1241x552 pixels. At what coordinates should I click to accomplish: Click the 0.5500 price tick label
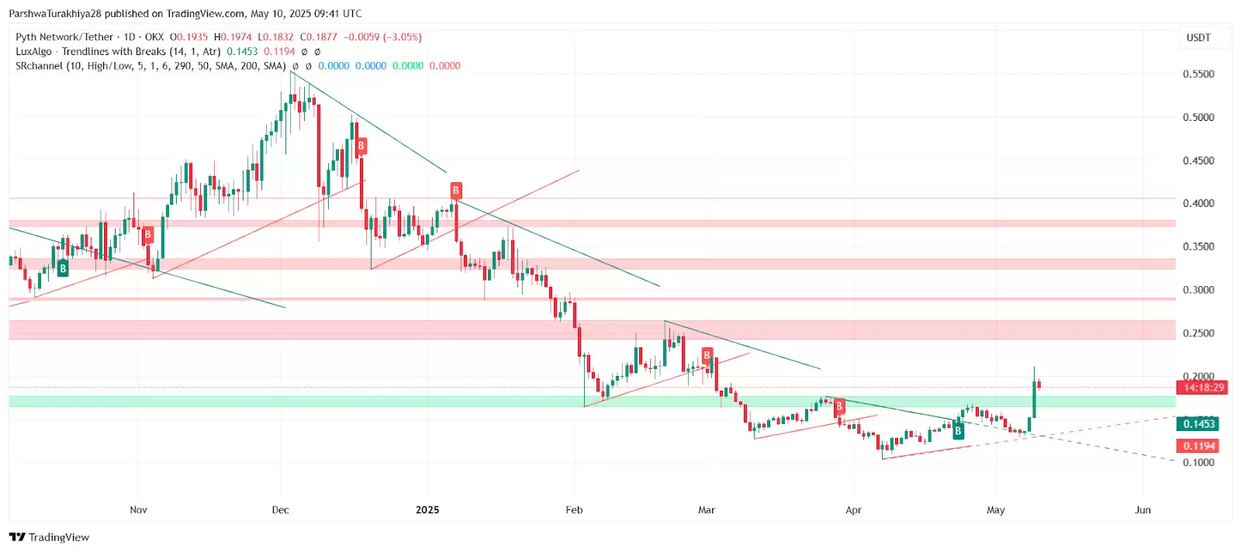click(x=1198, y=74)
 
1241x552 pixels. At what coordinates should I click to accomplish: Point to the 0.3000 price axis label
click(x=1198, y=290)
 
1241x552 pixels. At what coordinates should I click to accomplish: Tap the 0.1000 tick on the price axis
click(x=1198, y=463)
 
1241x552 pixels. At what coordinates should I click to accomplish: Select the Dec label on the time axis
click(x=280, y=510)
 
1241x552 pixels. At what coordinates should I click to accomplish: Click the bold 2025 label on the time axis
click(x=427, y=510)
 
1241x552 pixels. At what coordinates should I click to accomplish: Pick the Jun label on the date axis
click(x=1142, y=510)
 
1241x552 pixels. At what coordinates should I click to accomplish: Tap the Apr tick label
click(x=853, y=510)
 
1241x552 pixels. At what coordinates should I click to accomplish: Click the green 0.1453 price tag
click(x=1198, y=424)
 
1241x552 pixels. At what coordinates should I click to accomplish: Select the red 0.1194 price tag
click(x=1198, y=446)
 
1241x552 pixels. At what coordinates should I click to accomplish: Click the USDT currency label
click(x=1198, y=37)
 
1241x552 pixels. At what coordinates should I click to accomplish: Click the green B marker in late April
click(x=958, y=431)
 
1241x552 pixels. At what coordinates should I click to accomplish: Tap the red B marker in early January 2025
click(x=456, y=190)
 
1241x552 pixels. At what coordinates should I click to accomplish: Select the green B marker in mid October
click(x=63, y=269)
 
